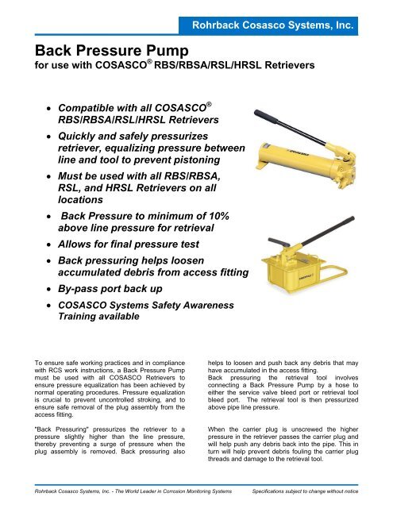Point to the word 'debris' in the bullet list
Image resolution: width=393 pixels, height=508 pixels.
tap(134, 273)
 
